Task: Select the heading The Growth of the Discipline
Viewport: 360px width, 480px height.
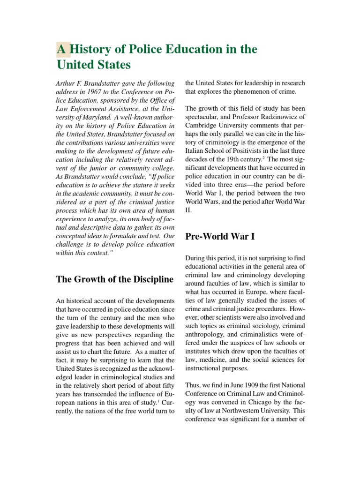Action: [x=115, y=280]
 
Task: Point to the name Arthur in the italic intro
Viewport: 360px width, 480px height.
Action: [x=65, y=83]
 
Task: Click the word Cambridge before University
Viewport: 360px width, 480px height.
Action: [x=203, y=126]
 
